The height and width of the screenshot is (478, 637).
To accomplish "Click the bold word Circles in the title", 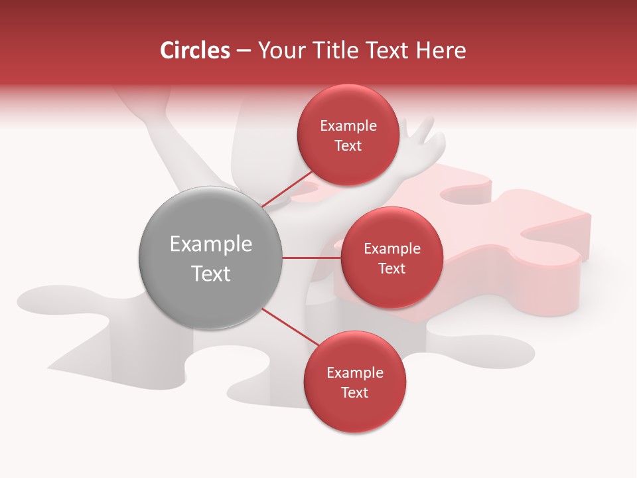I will (x=194, y=50).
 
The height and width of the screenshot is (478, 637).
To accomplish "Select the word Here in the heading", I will (x=441, y=50).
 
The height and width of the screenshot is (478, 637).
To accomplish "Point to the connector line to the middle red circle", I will (x=311, y=258).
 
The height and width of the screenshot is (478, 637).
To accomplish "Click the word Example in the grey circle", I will (x=211, y=244).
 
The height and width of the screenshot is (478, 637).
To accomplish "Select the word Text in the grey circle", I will (x=211, y=274).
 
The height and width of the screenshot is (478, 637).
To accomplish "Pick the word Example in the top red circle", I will (x=348, y=126).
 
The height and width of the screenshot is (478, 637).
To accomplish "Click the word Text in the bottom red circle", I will (x=354, y=393).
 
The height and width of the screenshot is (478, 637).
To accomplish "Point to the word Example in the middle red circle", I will (x=392, y=249).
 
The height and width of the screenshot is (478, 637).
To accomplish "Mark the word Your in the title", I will (x=279, y=50).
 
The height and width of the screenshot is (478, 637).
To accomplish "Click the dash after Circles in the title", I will (x=243, y=51).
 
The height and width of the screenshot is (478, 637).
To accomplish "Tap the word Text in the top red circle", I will (x=348, y=146).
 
